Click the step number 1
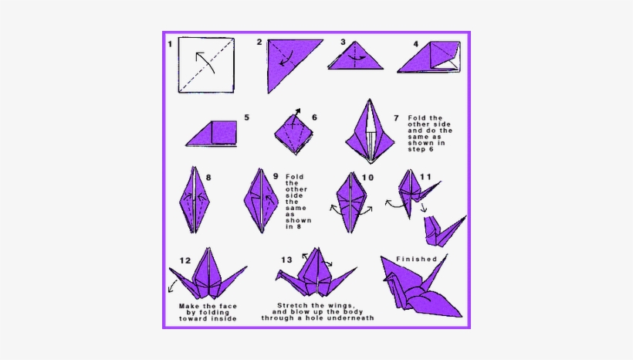[170, 44]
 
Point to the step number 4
[415, 44]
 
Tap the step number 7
[396, 118]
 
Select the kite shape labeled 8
[191, 199]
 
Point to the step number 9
[275, 177]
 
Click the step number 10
[367, 177]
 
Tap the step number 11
[425, 177]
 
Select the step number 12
[184, 261]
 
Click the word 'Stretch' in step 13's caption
[294, 305]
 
